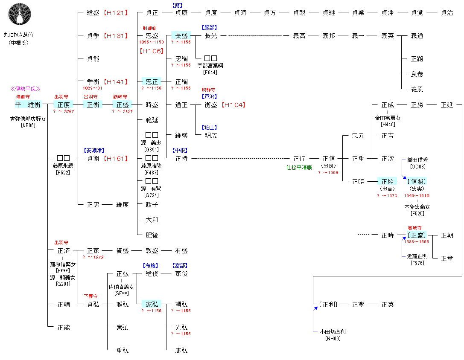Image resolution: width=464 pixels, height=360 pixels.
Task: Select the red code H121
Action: (116, 13)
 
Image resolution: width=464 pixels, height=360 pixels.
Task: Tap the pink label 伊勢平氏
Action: (25, 89)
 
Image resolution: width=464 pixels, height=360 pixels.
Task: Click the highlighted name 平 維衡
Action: (28, 105)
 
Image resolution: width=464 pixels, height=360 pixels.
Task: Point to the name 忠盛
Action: (152, 36)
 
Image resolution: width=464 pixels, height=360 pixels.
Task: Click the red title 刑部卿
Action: (152, 29)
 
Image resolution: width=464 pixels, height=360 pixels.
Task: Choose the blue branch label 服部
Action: (209, 28)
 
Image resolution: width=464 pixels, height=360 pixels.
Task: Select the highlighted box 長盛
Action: (181, 36)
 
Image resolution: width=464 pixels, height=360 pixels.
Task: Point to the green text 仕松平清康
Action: (299, 168)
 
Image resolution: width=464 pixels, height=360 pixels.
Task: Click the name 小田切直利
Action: (333, 331)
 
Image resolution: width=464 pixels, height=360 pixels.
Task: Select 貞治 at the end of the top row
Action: (446, 13)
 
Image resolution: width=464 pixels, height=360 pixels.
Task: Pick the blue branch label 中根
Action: (180, 150)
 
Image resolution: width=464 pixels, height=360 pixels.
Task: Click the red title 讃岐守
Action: (120, 97)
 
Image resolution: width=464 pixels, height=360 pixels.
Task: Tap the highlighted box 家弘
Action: (152, 305)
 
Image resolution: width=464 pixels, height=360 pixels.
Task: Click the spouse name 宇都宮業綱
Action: (210, 66)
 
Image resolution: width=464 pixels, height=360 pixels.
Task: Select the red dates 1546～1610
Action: (417, 195)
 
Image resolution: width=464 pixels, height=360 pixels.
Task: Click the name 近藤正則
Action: (417, 256)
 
